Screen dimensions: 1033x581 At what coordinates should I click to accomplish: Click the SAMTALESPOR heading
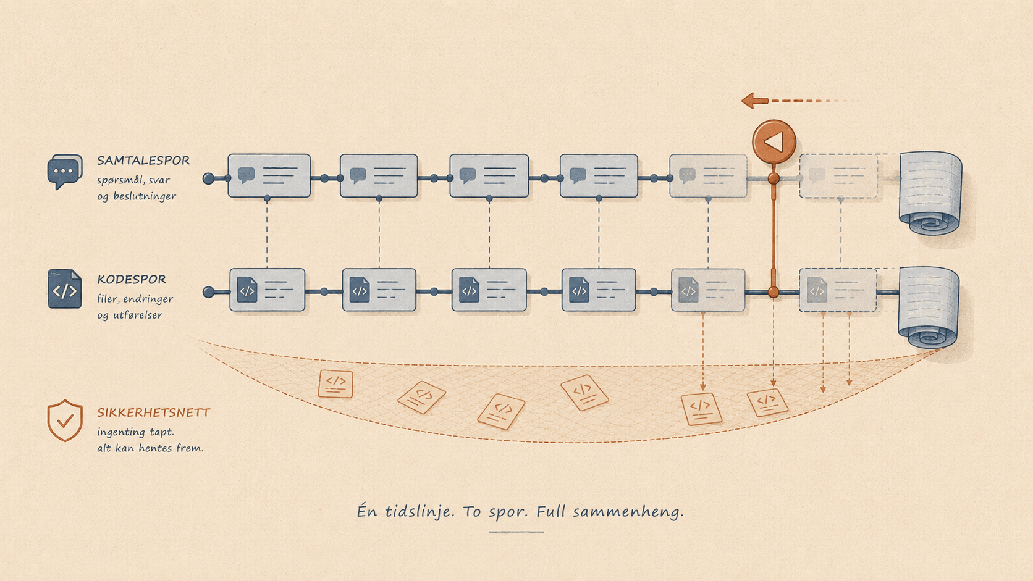coord(143,161)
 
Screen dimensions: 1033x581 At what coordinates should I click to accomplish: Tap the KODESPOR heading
coord(132,279)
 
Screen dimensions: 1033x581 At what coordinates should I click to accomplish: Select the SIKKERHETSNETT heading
coord(154,412)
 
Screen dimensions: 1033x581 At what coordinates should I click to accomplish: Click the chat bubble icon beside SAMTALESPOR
coord(64,172)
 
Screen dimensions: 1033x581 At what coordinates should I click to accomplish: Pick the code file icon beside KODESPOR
coord(64,289)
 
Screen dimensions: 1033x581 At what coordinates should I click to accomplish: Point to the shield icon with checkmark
coord(65,420)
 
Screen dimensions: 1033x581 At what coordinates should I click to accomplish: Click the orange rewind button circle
coord(774,141)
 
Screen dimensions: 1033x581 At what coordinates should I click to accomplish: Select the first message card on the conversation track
coord(269,176)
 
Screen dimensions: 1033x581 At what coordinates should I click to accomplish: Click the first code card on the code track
coord(268,290)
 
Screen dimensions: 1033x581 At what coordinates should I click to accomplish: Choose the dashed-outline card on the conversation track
coord(838,176)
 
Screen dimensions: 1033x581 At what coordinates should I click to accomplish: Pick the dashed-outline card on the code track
coord(838,290)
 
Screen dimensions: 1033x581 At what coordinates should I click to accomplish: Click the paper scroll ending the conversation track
coord(930,193)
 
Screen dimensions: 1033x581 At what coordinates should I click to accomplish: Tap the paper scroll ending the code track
coord(929,307)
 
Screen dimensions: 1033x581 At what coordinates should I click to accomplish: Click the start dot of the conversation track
coord(208,178)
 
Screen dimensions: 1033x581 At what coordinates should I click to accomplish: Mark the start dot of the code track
coord(208,292)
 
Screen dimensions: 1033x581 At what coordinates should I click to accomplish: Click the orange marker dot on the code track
coord(774,291)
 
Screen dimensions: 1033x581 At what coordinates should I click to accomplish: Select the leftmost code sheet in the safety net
coord(335,384)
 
